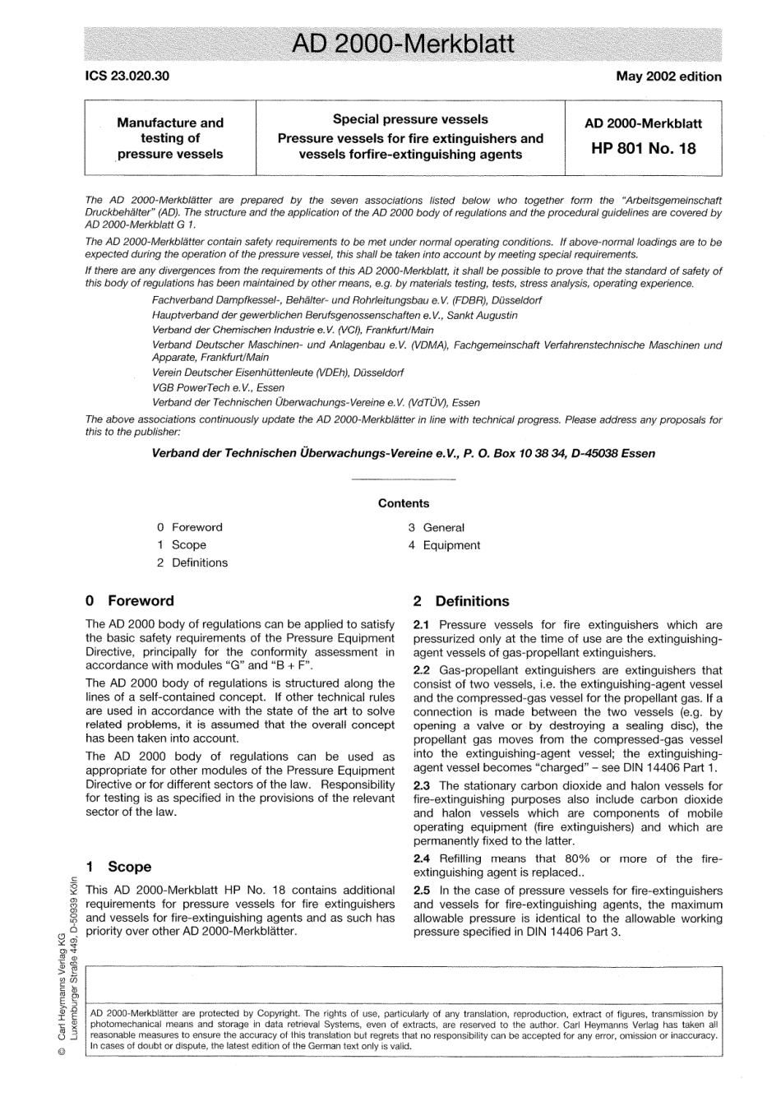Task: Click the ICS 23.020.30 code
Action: coord(127,76)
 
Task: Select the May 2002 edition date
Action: coord(668,76)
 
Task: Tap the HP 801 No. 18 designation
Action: coord(643,149)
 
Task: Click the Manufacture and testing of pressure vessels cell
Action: coord(170,138)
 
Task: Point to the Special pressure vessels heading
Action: coord(410,119)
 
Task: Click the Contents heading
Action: coord(404,503)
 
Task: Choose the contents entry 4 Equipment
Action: coord(444,545)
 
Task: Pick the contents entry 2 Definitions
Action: coord(192,563)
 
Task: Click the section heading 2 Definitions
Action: coord(461,601)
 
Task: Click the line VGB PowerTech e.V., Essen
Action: coord(219,387)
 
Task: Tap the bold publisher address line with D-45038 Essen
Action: coord(404,453)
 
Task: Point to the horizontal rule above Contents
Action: coord(404,479)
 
